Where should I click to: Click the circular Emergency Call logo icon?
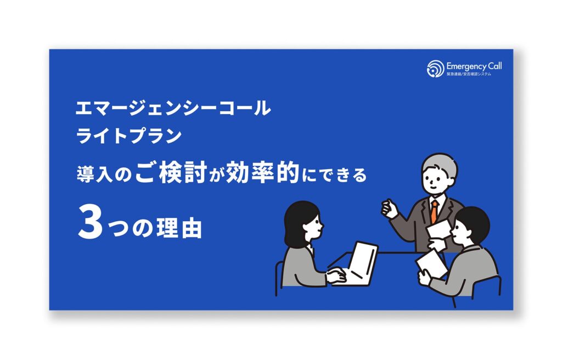click(435, 69)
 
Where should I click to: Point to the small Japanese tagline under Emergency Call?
click(469, 74)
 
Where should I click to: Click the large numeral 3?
click(90, 224)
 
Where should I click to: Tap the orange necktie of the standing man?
click(434, 211)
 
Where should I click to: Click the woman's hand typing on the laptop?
click(336, 277)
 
